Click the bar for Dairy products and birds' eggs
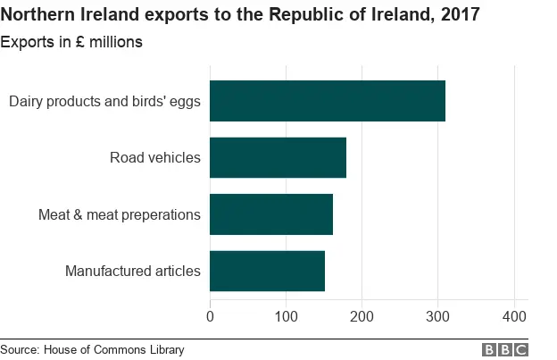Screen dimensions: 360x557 tap(327, 101)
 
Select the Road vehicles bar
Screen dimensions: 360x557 tap(278, 158)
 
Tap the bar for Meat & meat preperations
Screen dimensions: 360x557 tap(271, 214)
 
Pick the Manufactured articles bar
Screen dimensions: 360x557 tap(267, 271)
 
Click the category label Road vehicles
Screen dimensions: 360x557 tap(155, 158)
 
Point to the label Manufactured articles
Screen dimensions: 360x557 tap(133, 271)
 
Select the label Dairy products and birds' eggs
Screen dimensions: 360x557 tap(104, 101)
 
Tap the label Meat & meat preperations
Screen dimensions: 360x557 tap(120, 214)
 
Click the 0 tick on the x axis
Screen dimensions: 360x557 tap(210, 315)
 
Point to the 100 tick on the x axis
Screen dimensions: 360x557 tap(286, 315)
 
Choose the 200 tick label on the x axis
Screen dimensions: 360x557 tap(362, 315)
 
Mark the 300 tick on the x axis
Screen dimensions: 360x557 tap(437, 315)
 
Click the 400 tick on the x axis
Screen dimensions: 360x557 tap(513, 315)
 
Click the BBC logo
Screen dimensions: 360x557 tap(505, 349)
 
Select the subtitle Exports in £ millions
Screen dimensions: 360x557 tap(71, 42)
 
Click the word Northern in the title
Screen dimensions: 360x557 tap(38, 14)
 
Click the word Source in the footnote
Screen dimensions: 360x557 tap(21, 349)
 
